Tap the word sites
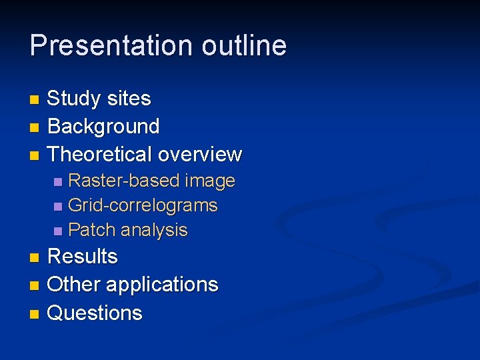pos(131,99)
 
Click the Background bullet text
pos(103,126)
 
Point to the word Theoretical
pos(101,154)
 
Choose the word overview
pos(201,154)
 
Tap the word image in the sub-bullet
pos(210,181)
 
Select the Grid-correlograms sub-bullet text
pos(143,205)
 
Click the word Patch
pos(90,230)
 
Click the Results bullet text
pos(83,257)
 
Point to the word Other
pos(74,285)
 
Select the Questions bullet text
pos(95,313)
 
